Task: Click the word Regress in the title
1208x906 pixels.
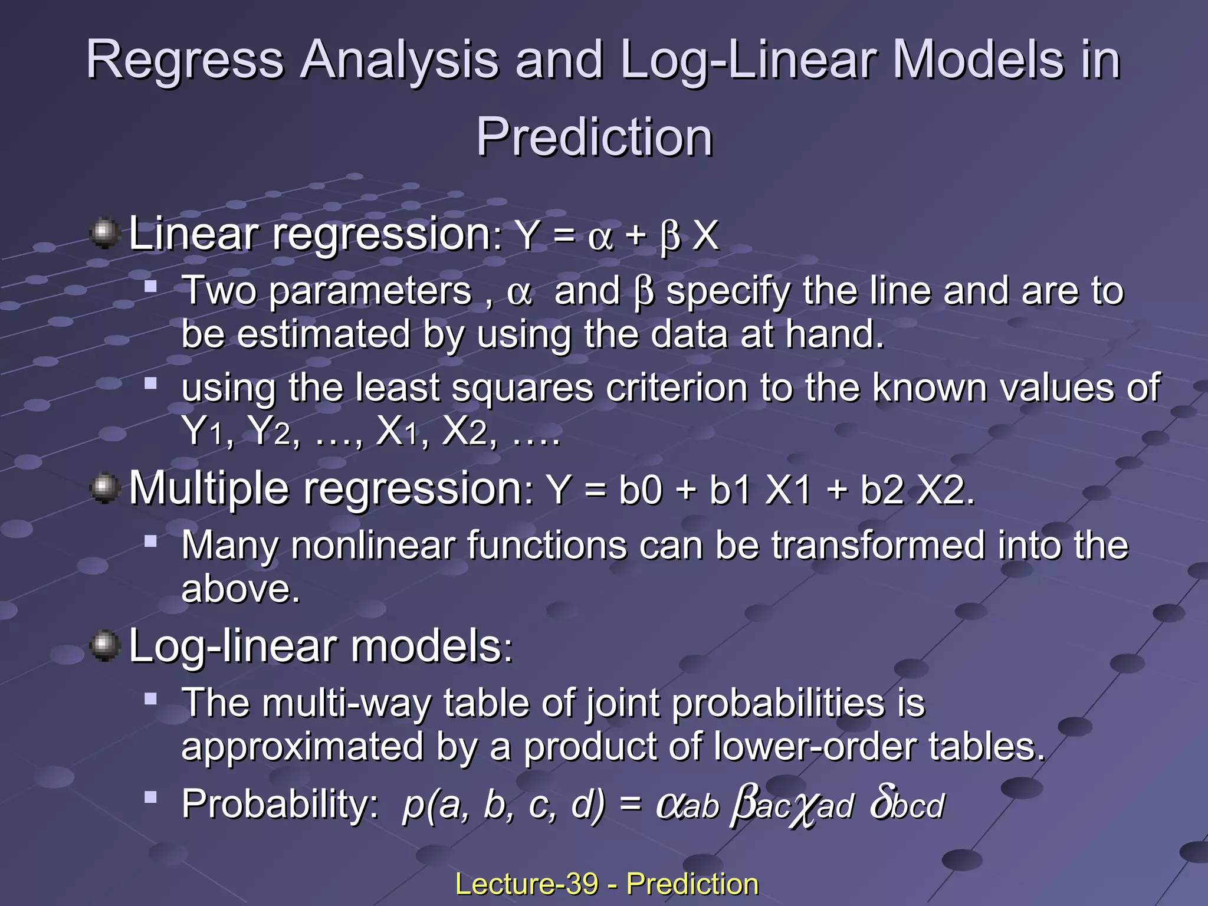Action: [x=185, y=60]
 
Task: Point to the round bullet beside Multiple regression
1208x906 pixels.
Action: [x=104, y=488]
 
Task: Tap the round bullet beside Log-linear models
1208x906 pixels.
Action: [x=104, y=645]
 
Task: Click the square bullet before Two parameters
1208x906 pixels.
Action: [x=151, y=287]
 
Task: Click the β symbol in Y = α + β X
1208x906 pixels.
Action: [x=670, y=237]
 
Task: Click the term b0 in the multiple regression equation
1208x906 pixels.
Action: [x=640, y=490]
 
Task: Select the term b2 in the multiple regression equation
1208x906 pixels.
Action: [x=882, y=490]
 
